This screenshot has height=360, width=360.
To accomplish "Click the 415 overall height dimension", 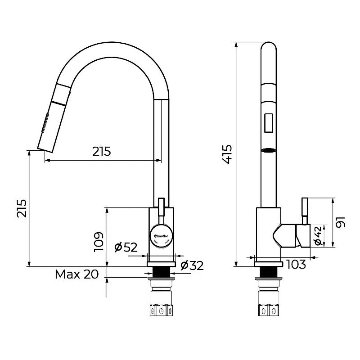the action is click(x=228, y=154).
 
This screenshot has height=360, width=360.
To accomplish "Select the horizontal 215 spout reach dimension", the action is click(x=102, y=151).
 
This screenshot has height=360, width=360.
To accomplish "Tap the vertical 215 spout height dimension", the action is click(x=22, y=208).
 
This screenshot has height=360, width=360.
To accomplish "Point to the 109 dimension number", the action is click(x=99, y=242).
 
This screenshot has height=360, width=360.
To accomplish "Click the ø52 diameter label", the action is click(x=126, y=247).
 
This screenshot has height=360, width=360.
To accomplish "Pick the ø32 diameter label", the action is click(x=192, y=265).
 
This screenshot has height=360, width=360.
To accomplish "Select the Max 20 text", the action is click(x=77, y=274).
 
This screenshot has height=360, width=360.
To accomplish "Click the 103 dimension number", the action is click(x=296, y=264).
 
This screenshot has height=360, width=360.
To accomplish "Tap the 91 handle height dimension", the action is click(x=341, y=222).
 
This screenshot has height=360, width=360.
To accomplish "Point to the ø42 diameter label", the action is click(x=318, y=236).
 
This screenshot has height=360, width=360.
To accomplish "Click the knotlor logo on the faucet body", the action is click(x=162, y=236).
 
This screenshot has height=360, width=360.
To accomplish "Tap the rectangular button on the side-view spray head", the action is click(x=269, y=123).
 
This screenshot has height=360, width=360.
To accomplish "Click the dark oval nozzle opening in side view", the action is click(x=269, y=150).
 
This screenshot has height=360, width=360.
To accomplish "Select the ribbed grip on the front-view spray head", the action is click(x=45, y=123).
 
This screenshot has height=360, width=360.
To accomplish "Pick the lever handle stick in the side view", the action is click(x=305, y=210).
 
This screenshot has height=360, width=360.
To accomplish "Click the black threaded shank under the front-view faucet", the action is click(x=162, y=272).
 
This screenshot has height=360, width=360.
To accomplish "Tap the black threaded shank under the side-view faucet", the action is click(x=268, y=272).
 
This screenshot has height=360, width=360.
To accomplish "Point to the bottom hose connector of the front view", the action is click(x=161, y=310).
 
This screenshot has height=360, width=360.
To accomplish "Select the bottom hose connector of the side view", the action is click(x=268, y=310).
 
